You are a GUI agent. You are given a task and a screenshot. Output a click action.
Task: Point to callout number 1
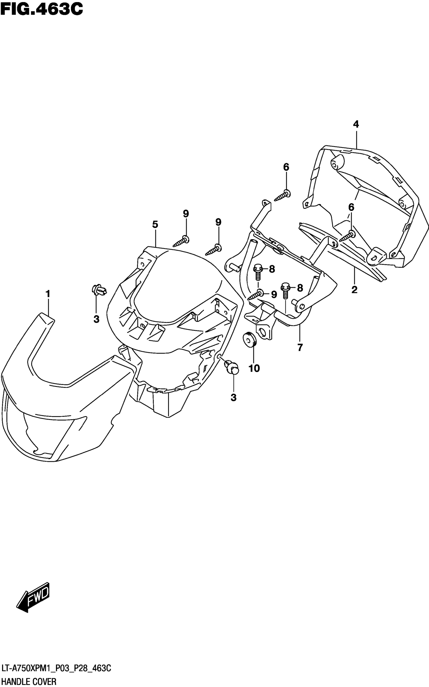click(x=48, y=294)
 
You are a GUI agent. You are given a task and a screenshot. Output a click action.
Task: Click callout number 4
click(x=356, y=124)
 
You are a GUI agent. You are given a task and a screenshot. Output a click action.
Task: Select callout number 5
click(x=155, y=225)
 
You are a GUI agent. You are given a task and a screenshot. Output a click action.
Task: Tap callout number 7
click(x=300, y=347)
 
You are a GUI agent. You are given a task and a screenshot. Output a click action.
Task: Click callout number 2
click(x=354, y=290)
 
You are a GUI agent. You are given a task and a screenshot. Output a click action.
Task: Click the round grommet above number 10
click(x=249, y=339)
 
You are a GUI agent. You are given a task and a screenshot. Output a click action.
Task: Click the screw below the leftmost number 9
click(x=180, y=241)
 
